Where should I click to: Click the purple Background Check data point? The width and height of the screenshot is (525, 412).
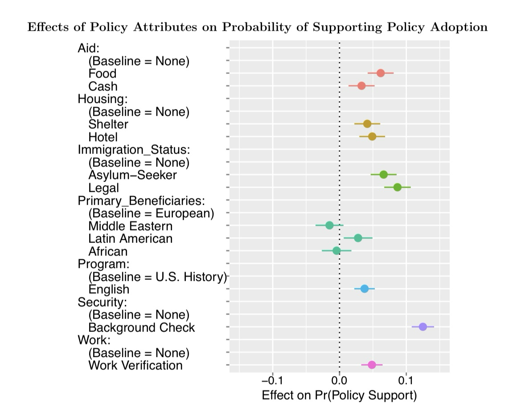point(422,327)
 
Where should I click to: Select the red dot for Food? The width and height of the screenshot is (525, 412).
point(380,73)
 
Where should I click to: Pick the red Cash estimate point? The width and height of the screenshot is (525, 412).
point(361,86)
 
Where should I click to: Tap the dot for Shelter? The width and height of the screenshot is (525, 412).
point(367,124)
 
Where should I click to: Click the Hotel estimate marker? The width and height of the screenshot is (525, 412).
point(372,137)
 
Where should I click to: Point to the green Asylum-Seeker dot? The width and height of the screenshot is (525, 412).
point(383,174)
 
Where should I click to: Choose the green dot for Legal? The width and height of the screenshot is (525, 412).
point(397,187)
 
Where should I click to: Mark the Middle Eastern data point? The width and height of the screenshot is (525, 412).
point(329,225)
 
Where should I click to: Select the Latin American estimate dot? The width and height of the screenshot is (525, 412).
point(358,238)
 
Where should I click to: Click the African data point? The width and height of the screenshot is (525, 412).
point(336,251)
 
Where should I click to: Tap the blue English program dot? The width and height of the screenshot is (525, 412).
point(365,289)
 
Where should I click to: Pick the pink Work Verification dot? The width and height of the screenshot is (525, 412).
point(372,365)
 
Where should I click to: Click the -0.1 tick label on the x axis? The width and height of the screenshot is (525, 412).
point(272,381)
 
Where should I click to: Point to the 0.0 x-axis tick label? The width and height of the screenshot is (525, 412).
point(339,381)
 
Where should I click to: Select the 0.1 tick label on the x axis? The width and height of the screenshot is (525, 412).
point(406,381)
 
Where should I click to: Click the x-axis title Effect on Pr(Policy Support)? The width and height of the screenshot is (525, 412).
point(339,395)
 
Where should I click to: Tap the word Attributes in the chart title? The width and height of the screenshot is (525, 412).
point(179,28)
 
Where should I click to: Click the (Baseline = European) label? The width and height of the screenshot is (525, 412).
point(151,213)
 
